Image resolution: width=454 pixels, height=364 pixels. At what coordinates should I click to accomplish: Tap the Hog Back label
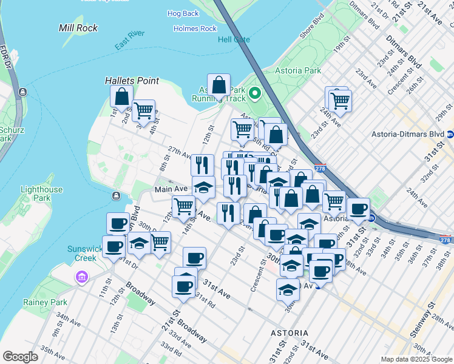pyautogui.click(x=183, y=13)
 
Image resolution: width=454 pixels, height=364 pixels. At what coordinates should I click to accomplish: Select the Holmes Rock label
pyautogui.click(x=195, y=29)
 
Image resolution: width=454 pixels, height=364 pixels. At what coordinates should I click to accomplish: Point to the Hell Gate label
pyautogui.click(x=234, y=40)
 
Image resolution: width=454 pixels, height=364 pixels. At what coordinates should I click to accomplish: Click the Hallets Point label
pyautogui.click(x=132, y=81)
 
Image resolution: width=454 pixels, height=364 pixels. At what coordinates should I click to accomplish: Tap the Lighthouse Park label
pyautogui.click(x=41, y=194)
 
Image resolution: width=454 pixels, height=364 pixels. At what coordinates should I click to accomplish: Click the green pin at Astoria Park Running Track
pyautogui.click(x=255, y=93)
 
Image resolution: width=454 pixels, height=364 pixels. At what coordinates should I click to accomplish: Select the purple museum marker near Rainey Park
pyautogui.click(x=80, y=278)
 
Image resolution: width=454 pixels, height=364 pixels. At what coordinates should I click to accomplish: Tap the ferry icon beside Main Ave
pyautogui.click(x=116, y=195)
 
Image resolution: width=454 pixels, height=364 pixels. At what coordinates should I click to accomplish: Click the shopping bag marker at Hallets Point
pyautogui.click(x=121, y=96)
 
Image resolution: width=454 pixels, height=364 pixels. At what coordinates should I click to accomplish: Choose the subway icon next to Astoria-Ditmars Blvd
pyautogui.click(x=450, y=134)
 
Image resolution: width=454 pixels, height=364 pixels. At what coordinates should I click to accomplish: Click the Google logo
pyautogui.click(x=21, y=357)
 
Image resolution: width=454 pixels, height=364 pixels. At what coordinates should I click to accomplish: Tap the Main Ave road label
pyautogui.click(x=171, y=189)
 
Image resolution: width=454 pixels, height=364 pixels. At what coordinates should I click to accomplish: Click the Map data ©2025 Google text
pyautogui.click(x=416, y=359)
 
